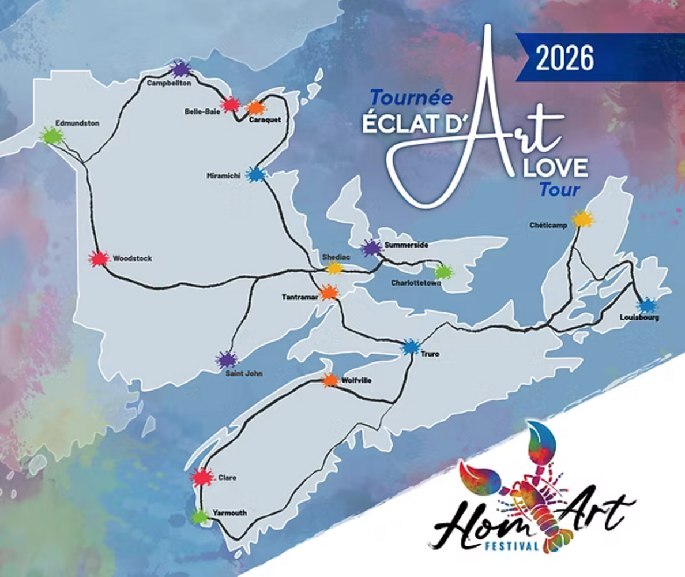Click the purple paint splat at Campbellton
click(x=181, y=70)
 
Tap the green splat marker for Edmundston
click(x=52, y=136)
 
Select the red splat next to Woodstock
click(x=99, y=259)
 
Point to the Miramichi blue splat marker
click(x=255, y=174)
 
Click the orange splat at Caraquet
click(x=255, y=107)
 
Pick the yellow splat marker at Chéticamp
click(x=582, y=219)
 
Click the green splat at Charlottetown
click(x=443, y=272)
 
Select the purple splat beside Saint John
click(x=227, y=360)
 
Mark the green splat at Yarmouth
click(x=200, y=517)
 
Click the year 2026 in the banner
click(x=564, y=58)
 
